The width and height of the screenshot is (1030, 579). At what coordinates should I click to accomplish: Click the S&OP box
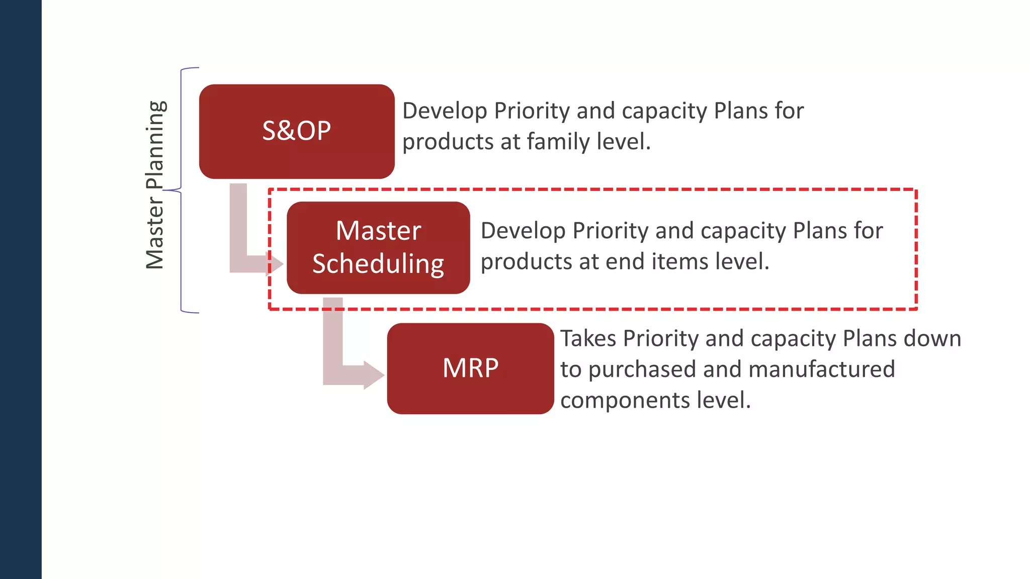[297, 132]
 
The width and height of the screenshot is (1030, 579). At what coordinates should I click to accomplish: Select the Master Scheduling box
[378, 248]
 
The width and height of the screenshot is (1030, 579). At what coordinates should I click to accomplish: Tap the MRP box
[470, 368]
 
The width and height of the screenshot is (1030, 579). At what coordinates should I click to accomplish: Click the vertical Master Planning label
[155, 185]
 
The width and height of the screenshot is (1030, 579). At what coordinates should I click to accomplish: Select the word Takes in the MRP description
[588, 338]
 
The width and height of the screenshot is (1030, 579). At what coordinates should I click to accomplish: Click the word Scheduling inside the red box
[378, 264]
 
